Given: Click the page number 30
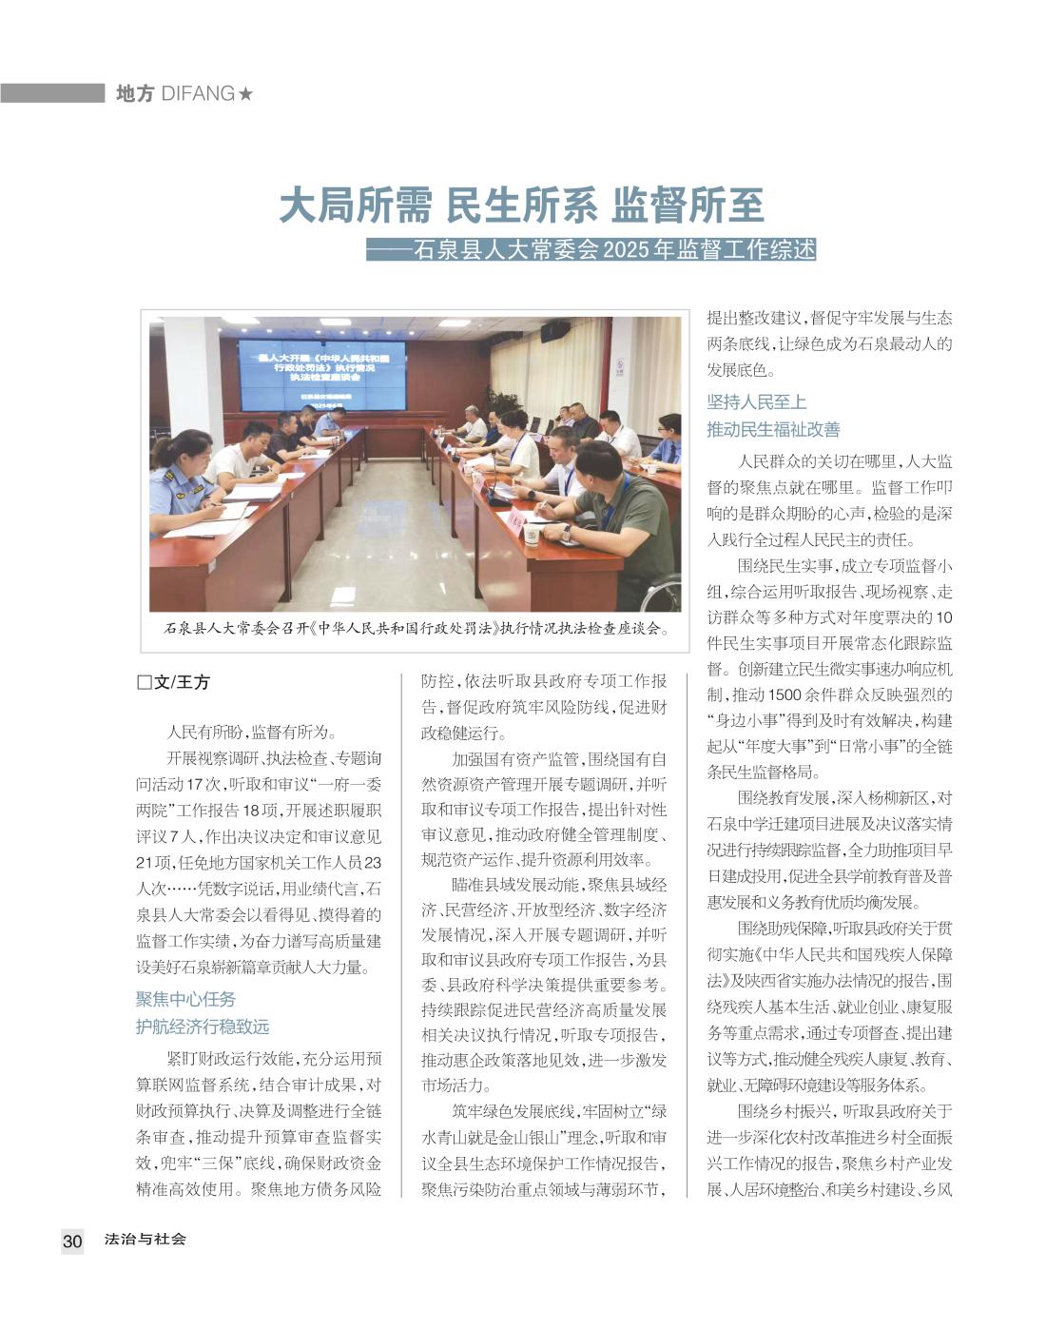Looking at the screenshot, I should click(72, 1241).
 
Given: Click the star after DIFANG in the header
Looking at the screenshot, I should click(246, 93).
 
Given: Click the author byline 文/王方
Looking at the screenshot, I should click(182, 681).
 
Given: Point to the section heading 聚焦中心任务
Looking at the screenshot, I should click(186, 999).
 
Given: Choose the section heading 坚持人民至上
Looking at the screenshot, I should click(757, 401).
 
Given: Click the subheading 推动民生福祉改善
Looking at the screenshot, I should click(773, 429).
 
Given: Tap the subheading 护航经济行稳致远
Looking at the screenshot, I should click(203, 1027).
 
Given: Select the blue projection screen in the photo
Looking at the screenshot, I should click(321, 373).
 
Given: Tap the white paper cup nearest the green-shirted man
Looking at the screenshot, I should click(533, 535).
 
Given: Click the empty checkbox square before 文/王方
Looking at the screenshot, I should click(145, 682).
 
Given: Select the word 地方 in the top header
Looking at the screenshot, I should click(134, 93).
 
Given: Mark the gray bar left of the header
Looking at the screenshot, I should click(52, 93).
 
